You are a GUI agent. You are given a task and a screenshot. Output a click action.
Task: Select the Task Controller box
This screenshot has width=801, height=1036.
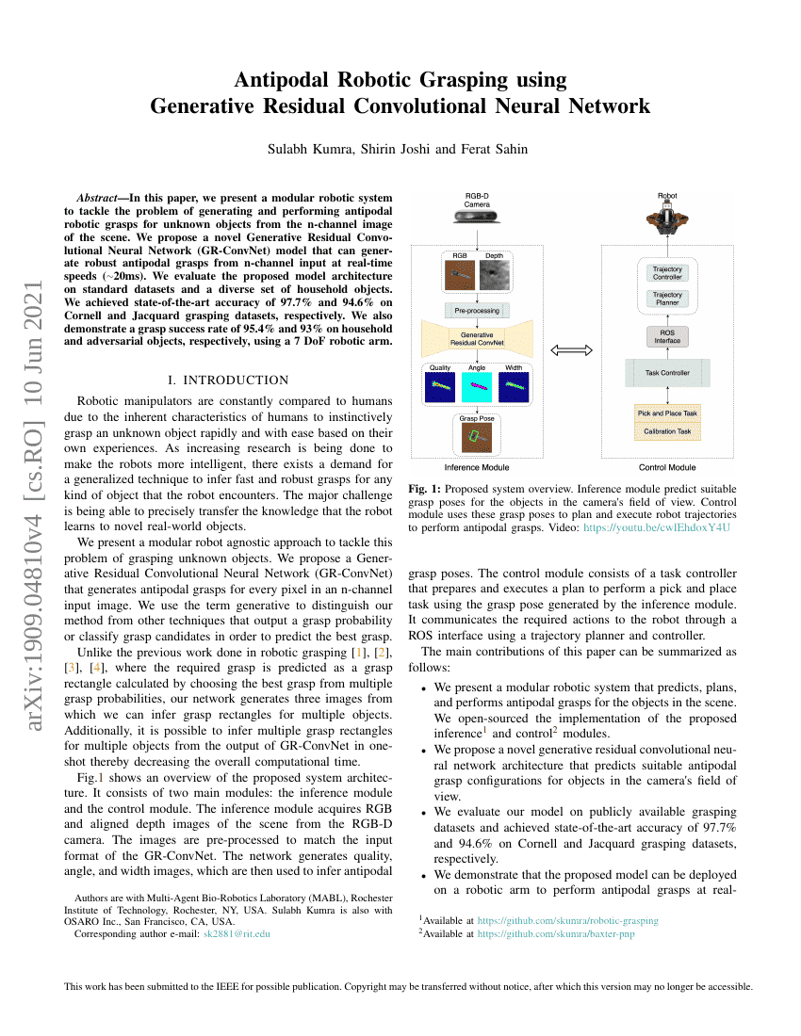coord(667,373)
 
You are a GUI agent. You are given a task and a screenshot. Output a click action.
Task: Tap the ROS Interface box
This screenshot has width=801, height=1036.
coord(667,336)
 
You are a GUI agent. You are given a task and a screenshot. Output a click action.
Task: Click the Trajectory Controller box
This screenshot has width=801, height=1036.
coord(667,272)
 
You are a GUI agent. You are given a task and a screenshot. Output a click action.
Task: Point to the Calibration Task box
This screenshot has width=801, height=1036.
coord(667,431)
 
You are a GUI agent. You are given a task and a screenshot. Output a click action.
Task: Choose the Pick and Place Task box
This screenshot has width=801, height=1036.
coord(667,413)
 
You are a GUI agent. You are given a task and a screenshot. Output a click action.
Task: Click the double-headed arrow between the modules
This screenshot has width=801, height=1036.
coord(571,349)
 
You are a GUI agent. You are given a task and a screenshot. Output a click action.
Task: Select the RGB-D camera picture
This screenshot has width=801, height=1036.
coord(477,218)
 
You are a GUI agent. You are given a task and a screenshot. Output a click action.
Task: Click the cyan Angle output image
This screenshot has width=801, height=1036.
coord(478,386)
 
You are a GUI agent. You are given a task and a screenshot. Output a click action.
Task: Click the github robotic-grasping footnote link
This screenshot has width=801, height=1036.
coord(567,920)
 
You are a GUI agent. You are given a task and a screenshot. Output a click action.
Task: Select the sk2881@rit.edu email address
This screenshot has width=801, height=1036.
coord(237,933)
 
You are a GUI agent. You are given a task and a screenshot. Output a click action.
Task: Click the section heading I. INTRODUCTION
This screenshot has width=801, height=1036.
coord(227,380)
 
